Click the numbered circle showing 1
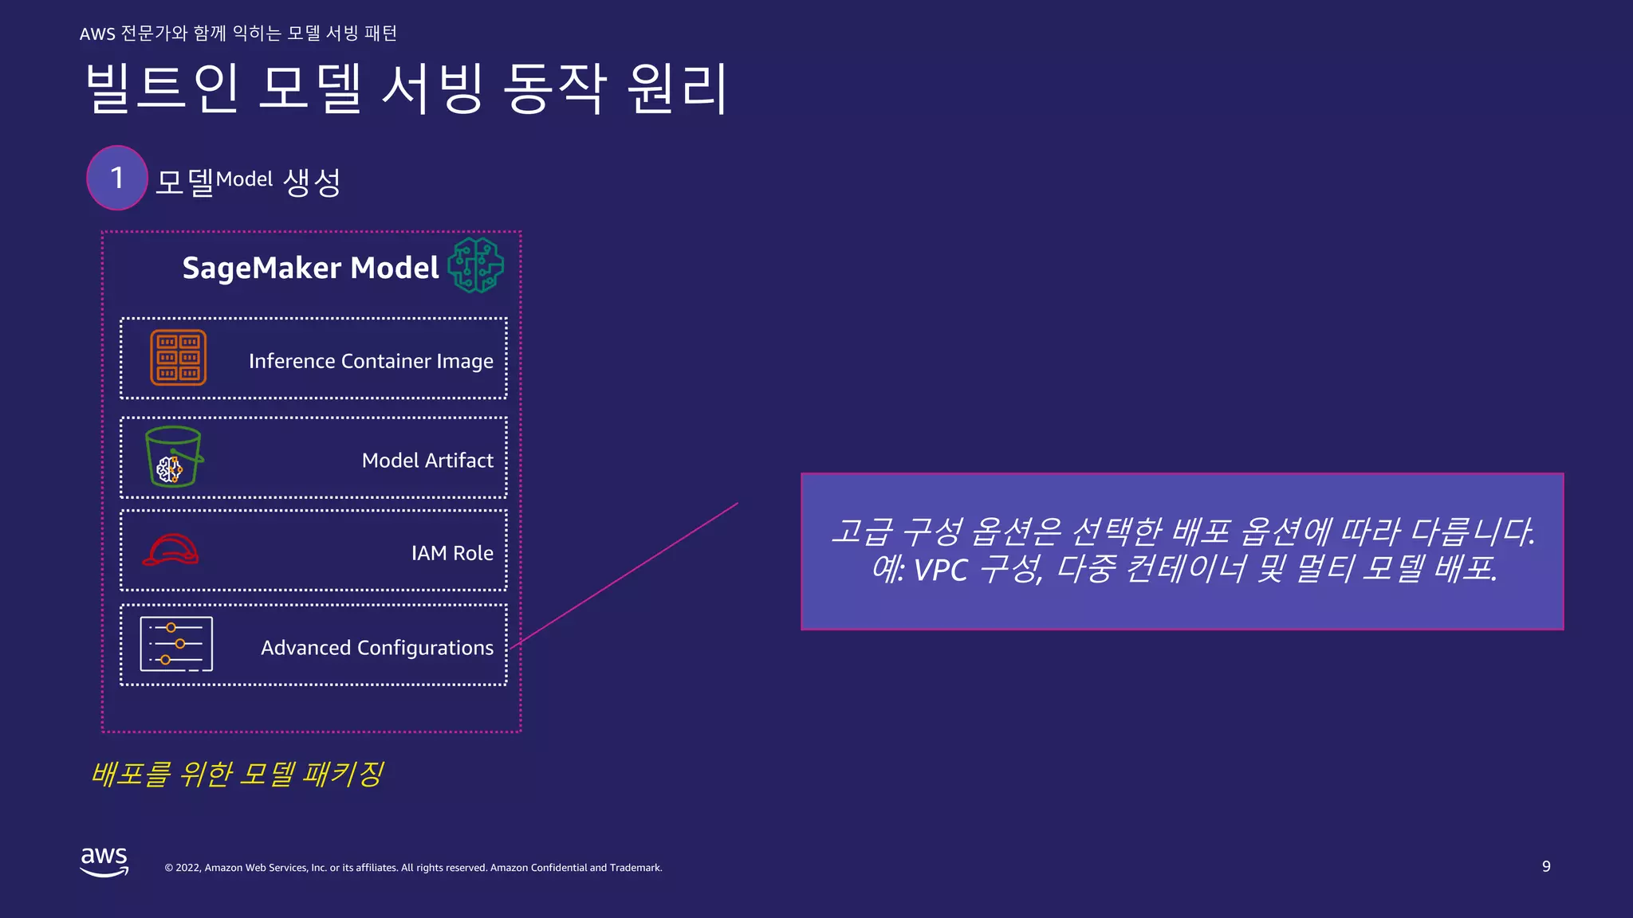coord(117,178)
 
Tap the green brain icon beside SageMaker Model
coord(476,265)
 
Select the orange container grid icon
coord(179,357)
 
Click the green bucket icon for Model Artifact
coord(173,457)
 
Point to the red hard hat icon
coord(171,550)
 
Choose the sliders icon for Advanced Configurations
coord(176,644)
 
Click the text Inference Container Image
coord(371,361)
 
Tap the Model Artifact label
coord(427,461)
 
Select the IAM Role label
coord(452,553)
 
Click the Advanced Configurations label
coord(377,648)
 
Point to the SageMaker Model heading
coord(310,268)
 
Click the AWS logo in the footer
coord(104,861)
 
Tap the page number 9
coord(1546,866)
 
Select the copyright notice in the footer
coord(413,868)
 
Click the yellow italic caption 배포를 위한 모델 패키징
coord(238,774)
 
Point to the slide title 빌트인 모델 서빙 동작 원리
coord(406,88)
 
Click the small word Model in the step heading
coord(244,179)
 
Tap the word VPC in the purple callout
coord(940,570)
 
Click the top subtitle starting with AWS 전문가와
coord(238,33)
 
